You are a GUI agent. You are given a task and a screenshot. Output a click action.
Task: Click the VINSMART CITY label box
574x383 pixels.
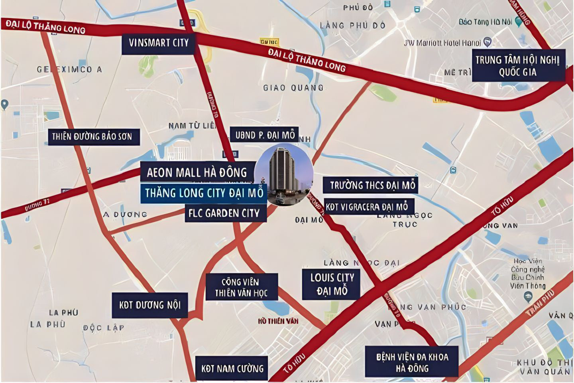coord(158,43)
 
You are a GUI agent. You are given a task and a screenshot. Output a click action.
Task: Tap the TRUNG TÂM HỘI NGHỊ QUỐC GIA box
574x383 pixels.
coord(518,66)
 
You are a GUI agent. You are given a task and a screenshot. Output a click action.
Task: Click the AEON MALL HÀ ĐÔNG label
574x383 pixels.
coord(197,172)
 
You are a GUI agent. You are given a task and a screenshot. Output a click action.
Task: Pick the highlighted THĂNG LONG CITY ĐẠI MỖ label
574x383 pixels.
coord(204,193)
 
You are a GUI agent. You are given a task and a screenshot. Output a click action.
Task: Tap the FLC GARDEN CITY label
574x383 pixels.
coord(224,213)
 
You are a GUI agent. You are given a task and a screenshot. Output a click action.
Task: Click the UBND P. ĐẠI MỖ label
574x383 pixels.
coord(265,135)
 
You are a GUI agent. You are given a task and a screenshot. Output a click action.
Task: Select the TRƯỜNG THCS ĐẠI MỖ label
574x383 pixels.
coord(372,185)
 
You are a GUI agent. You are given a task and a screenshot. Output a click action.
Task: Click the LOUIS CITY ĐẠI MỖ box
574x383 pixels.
coord(332,284)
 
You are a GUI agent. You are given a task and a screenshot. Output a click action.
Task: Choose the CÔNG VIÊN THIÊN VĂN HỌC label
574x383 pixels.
coord(241,287)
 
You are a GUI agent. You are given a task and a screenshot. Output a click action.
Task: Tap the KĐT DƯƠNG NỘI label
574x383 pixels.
coord(150,305)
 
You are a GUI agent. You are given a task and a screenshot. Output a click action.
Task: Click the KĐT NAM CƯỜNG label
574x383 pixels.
coord(232,368)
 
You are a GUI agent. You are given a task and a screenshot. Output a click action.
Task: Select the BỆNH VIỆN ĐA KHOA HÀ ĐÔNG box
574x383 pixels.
coord(412,362)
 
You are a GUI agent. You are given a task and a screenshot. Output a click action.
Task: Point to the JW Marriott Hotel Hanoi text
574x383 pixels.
coord(442,43)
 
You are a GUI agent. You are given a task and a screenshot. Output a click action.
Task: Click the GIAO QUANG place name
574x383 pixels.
coord(293,87)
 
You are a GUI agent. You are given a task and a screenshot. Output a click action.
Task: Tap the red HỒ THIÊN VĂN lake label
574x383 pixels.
coord(278,321)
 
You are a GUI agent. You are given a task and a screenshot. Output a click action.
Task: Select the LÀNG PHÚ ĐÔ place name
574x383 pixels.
coord(353,26)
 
